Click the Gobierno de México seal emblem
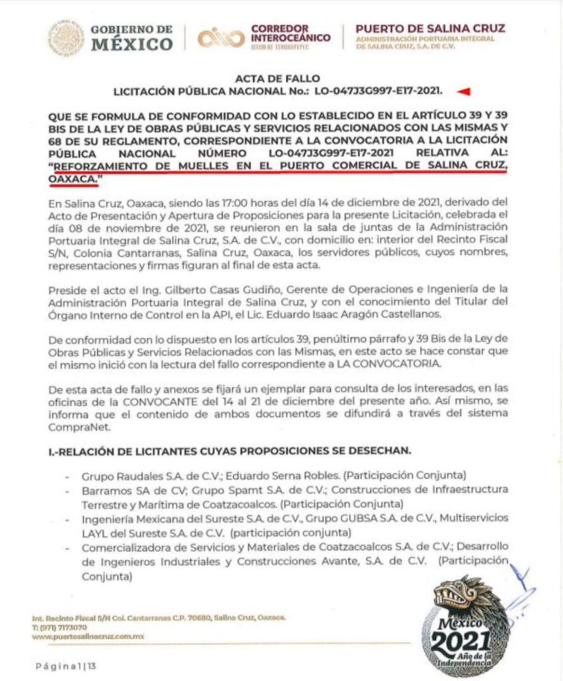[66, 38]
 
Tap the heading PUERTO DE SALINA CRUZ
[430, 29]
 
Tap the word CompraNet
[75, 429]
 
